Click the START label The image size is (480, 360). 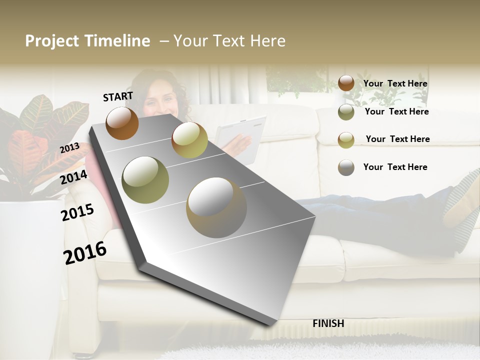pyautogui.click(x=118, y=96)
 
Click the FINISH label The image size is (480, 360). pyautogui.click(x=328, y=323)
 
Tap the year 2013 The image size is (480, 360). pyautogui.click(x=69, y=148)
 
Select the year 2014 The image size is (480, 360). pyautogui.click(x=74, y=177)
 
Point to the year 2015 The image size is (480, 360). pyautogui.click(x=77, y=212)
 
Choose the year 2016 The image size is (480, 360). pyautogui.click(x=85, y=253)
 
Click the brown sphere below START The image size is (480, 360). pyautogui.click(x=122, y=123)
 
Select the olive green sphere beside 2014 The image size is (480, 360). pyautogui.click(x=145, y=179)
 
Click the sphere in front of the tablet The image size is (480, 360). pyautogui.click(x=189, y=140)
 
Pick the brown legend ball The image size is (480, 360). pyautogui.click(x=346, y=83)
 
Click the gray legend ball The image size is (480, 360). pyautogui.click(x=346, y=167)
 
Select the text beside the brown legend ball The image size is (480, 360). pyautogui.click(x=395, y=83)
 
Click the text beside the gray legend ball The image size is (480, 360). pyautogui.click(x=395, y=167)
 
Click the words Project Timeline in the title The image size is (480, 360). pyautogui.click(x=87, y=41)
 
